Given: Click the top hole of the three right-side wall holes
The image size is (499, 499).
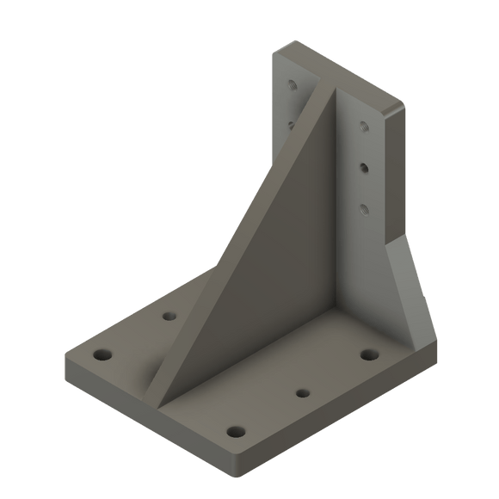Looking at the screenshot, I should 364,126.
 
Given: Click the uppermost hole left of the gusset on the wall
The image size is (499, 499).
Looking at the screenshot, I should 293,86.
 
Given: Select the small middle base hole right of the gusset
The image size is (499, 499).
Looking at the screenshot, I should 302,393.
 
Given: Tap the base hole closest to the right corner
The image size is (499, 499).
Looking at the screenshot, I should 370,354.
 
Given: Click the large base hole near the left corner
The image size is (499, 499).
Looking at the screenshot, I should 103,354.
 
